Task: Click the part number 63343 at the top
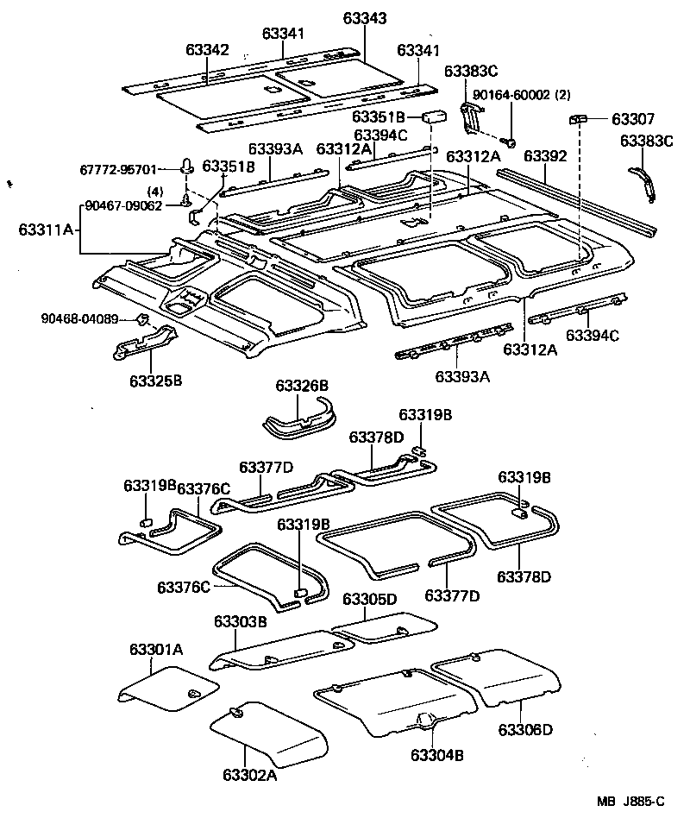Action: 364,17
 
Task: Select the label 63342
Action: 207,49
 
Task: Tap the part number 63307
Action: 633,119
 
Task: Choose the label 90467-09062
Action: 122,206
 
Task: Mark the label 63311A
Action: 47,230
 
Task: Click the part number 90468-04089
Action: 79,319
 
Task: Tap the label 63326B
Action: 302,385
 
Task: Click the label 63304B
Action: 437,755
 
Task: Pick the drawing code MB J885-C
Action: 631,802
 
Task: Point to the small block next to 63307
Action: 578,118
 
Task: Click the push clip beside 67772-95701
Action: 187,164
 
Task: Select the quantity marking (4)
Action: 155,192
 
